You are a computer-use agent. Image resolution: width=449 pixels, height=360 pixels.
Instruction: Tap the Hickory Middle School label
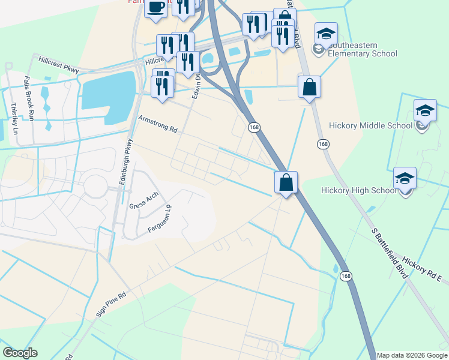click(x=370, y=126)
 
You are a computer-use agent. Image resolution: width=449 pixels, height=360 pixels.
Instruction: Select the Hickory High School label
click(x=358, y=190)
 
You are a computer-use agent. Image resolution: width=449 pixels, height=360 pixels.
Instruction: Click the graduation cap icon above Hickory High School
click(x=405, y=179)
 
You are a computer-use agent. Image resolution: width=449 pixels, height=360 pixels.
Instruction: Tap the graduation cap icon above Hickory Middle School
click(x=425, y=111)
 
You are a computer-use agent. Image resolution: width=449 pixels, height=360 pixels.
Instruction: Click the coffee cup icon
click(x=156, y=8)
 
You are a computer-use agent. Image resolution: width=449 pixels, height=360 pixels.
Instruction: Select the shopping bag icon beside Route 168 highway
click(x=286, y=182)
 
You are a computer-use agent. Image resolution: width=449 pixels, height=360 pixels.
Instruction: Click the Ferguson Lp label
click(x=160, y=221)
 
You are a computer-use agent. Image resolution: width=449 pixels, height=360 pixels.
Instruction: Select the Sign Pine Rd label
click(x=112, y=304)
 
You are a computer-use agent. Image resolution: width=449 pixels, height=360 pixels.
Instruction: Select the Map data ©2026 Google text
click(x=412, y=355)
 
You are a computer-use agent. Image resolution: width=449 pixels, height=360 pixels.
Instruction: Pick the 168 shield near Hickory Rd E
click(x=345, y=275)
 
